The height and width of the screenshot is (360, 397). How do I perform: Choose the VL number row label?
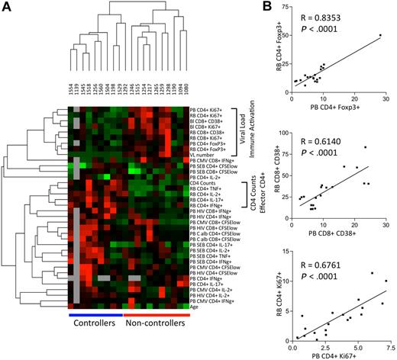click(206, 153)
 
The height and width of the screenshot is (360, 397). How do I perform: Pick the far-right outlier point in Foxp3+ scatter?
click(379, 35)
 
